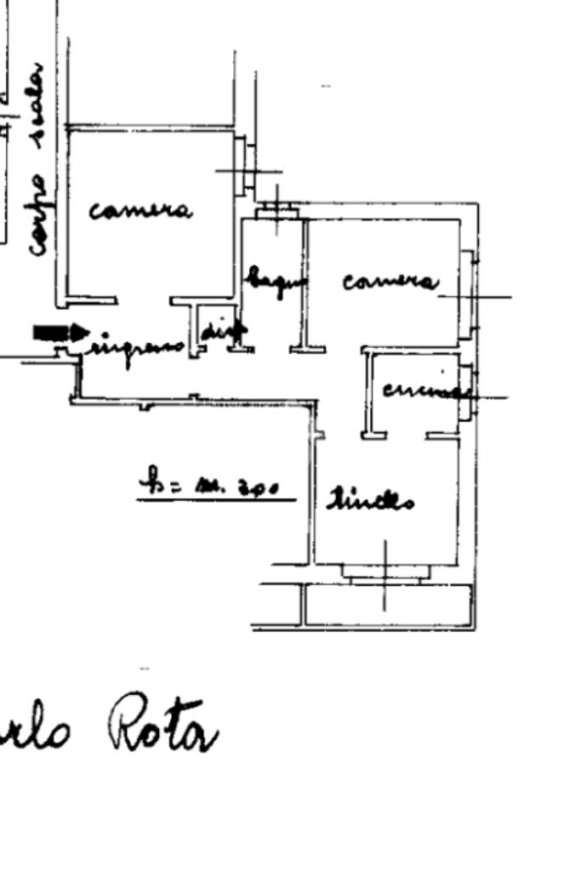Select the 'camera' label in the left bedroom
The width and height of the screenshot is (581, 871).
coord(140,209)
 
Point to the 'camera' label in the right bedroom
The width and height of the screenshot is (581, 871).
coord(390,281)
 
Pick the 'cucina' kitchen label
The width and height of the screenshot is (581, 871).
coord(425,390)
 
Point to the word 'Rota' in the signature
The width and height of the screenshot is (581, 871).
coord(162,732)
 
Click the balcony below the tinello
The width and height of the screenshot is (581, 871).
coord(387,606)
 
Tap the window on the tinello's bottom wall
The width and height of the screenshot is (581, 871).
coord(384,572)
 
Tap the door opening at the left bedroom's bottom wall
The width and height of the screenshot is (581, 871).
coord(145,300)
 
